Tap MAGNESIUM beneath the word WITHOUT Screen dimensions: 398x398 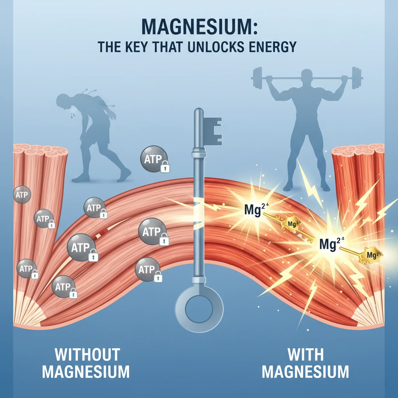click(x=86, y=372)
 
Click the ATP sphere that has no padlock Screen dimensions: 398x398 click(x=22, y=195)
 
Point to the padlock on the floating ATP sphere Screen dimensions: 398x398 click(x=166, y=167)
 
